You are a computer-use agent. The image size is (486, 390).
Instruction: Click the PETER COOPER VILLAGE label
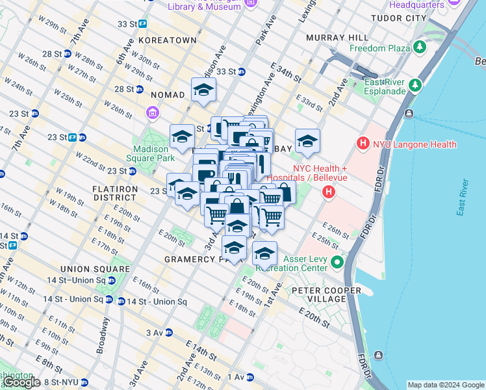320,294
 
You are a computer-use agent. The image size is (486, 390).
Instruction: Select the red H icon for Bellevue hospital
329,192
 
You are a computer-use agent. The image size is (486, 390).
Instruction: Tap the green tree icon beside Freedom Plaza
420,47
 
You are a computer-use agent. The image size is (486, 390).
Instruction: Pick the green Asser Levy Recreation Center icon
337,262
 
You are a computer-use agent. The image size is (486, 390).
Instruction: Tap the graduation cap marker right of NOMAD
203,90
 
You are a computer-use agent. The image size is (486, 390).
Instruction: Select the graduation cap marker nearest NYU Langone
307,141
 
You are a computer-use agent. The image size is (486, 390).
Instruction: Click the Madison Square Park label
150,153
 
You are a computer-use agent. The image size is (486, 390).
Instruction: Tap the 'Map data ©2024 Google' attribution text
446,385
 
